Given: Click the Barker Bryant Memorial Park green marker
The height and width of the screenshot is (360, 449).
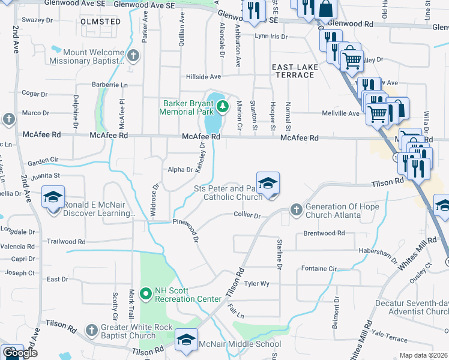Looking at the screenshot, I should [223, 107].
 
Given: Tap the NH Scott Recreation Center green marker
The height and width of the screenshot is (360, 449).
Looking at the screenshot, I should [145, 293].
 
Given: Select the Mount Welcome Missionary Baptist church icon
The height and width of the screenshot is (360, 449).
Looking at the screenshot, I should [133, 57].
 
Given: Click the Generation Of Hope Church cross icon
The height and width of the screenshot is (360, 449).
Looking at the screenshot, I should [295, 209].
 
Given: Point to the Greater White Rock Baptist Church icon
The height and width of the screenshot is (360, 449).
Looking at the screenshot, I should [91, 330].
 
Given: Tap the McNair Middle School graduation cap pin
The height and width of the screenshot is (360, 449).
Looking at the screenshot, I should [186, 339].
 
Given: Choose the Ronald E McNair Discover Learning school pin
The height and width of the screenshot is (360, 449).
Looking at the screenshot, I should [53, 196].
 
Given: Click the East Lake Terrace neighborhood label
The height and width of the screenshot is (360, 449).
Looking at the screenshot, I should [294, 70].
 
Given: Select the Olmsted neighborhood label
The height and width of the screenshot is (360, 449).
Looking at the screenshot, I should [100, 22].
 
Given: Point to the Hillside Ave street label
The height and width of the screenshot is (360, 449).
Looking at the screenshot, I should [203, 77].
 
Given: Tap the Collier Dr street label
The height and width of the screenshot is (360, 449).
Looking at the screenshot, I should [247, 215].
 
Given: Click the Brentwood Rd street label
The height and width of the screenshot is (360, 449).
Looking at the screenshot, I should [324, 233].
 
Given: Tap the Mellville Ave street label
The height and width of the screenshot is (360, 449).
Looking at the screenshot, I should [340, 113].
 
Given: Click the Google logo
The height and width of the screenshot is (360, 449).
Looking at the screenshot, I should [20, 353].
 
